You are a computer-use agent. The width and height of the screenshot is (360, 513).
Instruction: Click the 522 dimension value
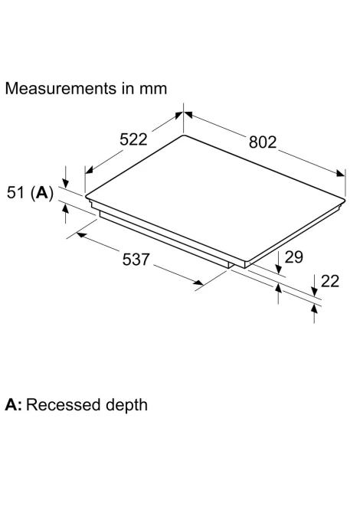[133, 139]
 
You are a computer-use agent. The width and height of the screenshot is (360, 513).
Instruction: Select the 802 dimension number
[263, 142]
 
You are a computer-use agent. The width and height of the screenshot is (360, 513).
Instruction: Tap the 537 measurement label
[136, 259]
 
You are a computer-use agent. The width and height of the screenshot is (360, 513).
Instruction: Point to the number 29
[294, 256]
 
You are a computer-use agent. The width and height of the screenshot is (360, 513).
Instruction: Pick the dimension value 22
[330, 281]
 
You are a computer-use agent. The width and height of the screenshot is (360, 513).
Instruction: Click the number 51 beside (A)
[16, 192]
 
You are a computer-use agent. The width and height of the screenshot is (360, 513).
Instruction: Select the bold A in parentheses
[41, 192]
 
